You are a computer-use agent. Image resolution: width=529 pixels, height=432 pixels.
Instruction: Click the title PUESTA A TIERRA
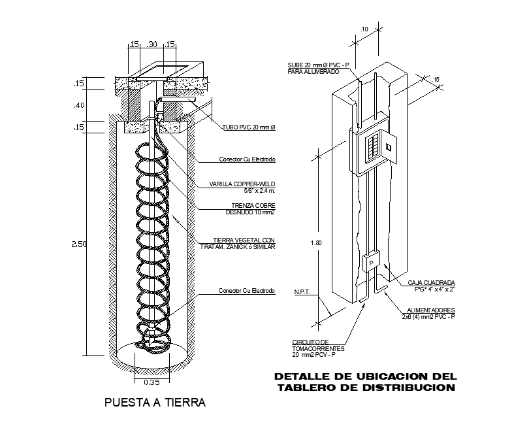pos(155,403)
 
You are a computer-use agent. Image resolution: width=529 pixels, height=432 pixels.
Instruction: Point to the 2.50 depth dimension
pos(80,244)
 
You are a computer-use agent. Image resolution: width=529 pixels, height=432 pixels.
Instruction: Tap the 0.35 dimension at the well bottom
pos(152,382)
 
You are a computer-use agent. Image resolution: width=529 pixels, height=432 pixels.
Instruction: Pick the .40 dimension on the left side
pos(80,105)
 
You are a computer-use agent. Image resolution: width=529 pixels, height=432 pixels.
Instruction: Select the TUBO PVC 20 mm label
pos(248,128)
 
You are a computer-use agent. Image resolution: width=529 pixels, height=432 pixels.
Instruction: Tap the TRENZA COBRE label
pos(251,207)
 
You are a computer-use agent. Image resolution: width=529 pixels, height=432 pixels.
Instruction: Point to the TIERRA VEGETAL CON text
pos(246,240)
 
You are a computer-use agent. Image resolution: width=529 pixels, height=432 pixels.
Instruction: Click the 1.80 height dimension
pos(316,243)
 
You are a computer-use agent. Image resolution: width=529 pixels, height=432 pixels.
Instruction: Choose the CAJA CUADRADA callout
pos(432,283)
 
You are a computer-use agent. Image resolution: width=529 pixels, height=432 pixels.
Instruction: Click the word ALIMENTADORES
pos(431,310)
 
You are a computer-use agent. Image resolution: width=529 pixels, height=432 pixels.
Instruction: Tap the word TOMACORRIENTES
pos(318,348)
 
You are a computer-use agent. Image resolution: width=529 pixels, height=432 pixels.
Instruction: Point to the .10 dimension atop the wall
pos(364,29)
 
